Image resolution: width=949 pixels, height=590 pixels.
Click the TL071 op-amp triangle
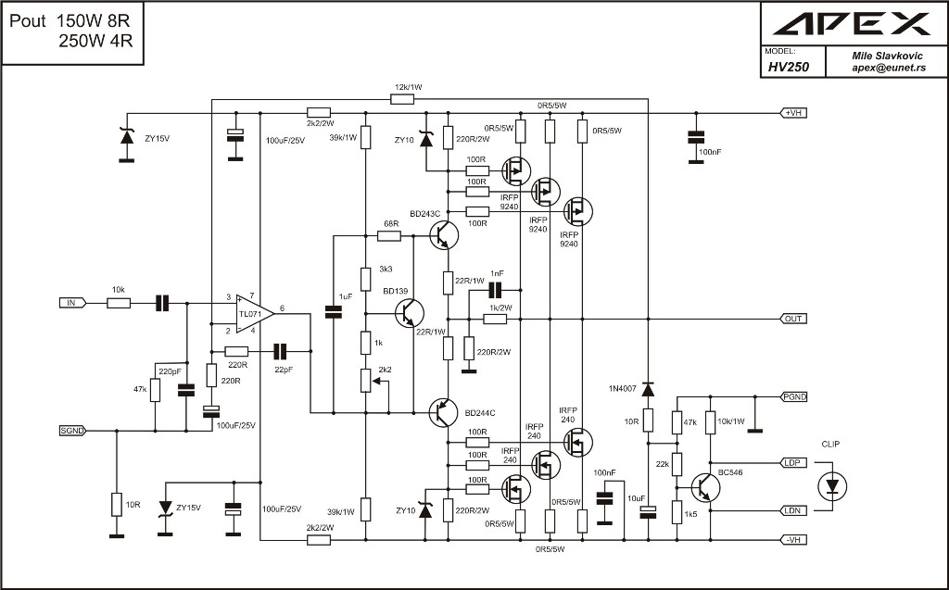[254, 313]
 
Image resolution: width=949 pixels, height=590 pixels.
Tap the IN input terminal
[72, 303]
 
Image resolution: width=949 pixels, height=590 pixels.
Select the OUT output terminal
[792, 319]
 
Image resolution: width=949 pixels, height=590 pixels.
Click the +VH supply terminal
[792, 113]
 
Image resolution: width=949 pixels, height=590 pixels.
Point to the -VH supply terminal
[792, 540]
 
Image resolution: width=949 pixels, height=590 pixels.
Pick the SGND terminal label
[72, 431]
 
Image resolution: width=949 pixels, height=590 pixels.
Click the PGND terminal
[792, 397]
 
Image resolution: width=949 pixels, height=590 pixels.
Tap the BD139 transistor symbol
[409, 313]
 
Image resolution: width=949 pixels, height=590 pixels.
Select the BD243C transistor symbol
[444, 234]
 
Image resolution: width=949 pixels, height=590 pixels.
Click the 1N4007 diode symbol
[648, 389]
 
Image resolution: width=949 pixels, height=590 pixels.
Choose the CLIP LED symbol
[832, 485]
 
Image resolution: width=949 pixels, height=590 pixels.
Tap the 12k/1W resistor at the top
[402, 99]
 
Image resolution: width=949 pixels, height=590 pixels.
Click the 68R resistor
[389, 236]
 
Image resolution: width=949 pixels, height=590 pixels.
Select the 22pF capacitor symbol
[280, 351]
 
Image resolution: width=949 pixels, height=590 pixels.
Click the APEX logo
[853, 24]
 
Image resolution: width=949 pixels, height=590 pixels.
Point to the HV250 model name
[789, 68]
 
